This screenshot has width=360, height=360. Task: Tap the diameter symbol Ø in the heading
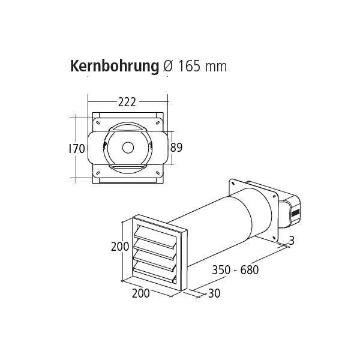click(x=170, y=66)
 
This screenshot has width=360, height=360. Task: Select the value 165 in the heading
click(x=190, y=66)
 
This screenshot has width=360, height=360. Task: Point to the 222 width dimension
click(x=127, y=102)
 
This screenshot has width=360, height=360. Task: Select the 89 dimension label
click(x=176, y=148)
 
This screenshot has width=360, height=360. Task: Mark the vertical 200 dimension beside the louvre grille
click(x=120, y=247)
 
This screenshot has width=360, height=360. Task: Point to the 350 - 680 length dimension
click(x=235, y=270)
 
